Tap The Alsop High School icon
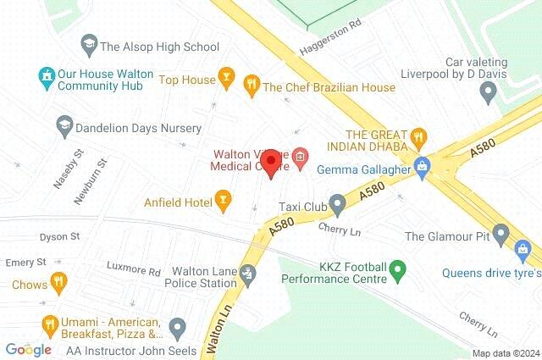coord(88,42)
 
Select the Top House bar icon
coord(225,80)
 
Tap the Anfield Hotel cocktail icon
coord(223,201)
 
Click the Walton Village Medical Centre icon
coord(300,157)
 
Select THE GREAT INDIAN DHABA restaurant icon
coord(417,137)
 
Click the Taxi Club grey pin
coord(338,203)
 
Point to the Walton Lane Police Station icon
coord(247,273)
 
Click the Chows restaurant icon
coord(58,282)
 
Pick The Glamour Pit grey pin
coord(501,232)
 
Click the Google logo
coord(29,349)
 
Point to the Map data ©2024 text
coord(505,353)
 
